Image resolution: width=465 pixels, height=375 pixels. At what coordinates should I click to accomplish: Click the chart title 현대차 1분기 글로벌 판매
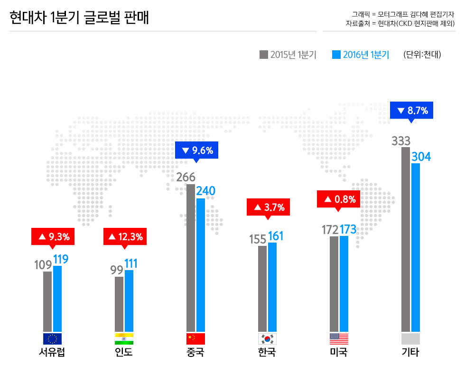click(79, 19)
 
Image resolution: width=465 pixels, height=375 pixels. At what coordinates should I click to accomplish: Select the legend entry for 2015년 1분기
click(288, 55)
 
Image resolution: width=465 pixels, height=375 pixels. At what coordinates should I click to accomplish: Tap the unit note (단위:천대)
click(422, 55)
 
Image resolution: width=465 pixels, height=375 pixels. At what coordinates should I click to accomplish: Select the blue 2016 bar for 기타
click(416, 247)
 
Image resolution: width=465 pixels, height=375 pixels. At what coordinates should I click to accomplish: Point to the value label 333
click(401, 141)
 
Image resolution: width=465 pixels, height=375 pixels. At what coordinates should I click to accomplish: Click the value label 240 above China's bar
click(205, 191)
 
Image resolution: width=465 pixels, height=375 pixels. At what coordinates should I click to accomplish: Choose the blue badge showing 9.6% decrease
click(196, 151)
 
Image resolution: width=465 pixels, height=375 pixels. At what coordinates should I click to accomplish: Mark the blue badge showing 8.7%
click(411, 111)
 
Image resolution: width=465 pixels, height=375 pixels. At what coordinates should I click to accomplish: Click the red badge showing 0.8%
click(338, 199)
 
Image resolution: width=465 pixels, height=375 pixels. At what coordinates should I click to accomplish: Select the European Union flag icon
click(52, 338)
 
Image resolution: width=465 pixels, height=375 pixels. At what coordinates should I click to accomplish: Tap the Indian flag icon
click(124, 338)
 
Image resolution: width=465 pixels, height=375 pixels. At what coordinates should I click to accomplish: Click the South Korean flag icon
click(267, 338)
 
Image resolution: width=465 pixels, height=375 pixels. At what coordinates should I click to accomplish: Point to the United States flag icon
click(339, 338)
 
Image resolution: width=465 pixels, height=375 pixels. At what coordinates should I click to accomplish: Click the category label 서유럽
click(52, 353)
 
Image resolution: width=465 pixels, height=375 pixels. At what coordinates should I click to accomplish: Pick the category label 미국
click(339, 353)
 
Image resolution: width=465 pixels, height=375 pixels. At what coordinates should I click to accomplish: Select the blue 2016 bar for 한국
click(272, 287)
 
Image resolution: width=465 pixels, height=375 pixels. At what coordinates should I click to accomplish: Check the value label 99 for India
click(117, 270)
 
